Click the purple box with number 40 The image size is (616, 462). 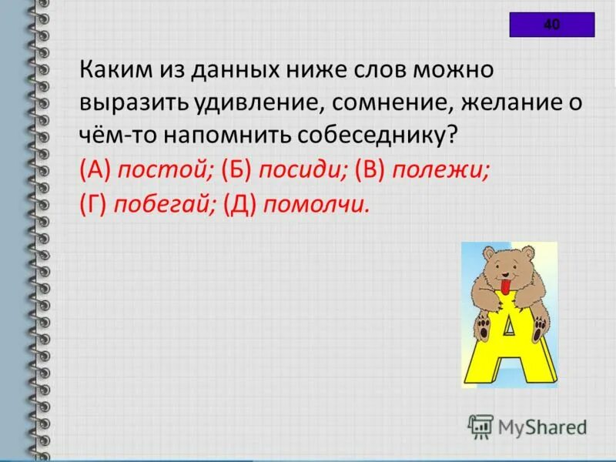click(551, 25)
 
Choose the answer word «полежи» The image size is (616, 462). click(440, 171)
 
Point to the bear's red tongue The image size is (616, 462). click(504, 288)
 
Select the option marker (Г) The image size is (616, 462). click(93, 205)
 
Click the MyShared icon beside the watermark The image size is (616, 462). click(480, 425)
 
